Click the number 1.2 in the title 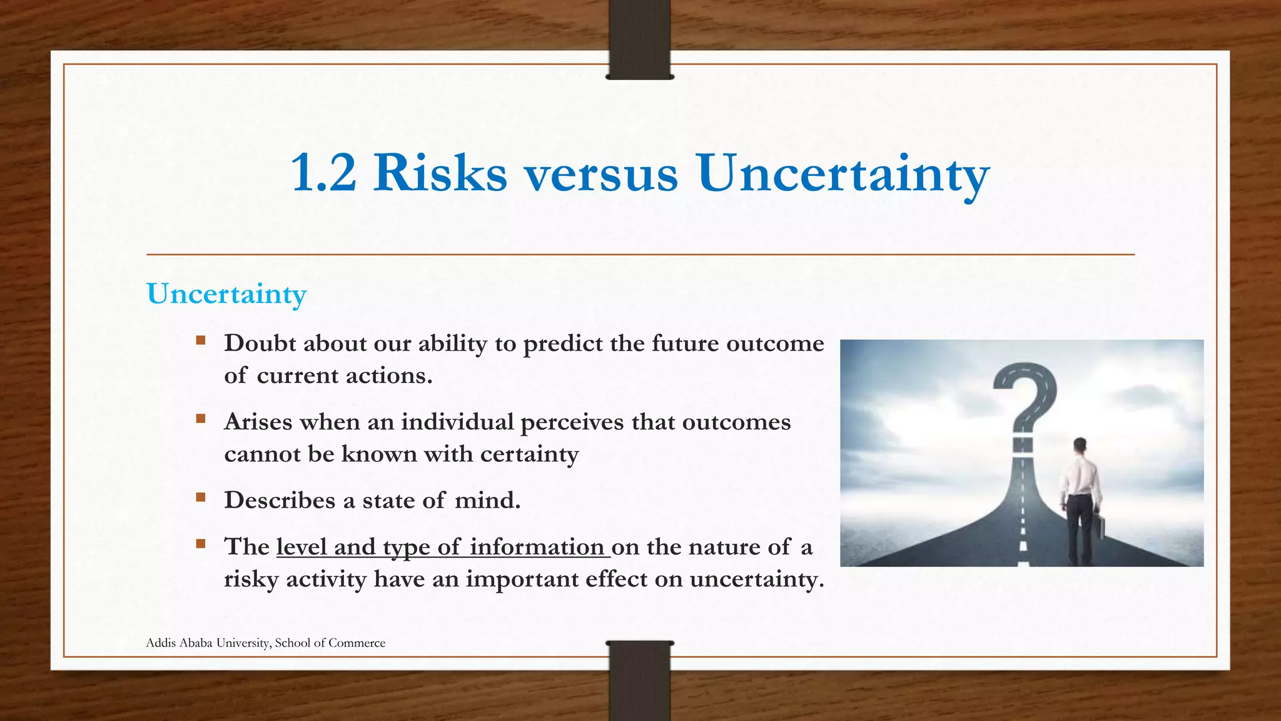tap(323, 173)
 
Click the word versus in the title tap(600, 174)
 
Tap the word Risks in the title tap(440, 173)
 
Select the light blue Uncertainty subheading tap(226, 294)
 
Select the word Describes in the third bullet tap(280, 500)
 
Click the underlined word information tap(537, 547)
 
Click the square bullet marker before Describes tap(201, 498)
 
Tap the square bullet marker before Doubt tap(201, 340)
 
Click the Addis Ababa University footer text tap(265, 643)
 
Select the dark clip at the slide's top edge tap(639, 39)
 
